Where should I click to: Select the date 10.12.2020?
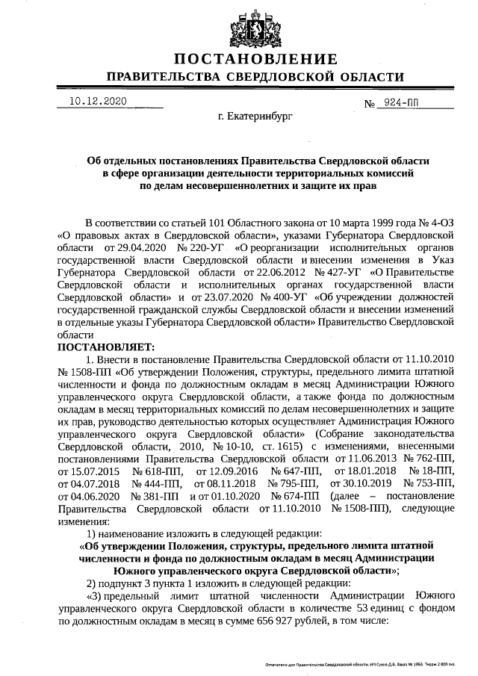click(99, 101)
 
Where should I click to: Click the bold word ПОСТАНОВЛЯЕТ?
click(105, 347)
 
